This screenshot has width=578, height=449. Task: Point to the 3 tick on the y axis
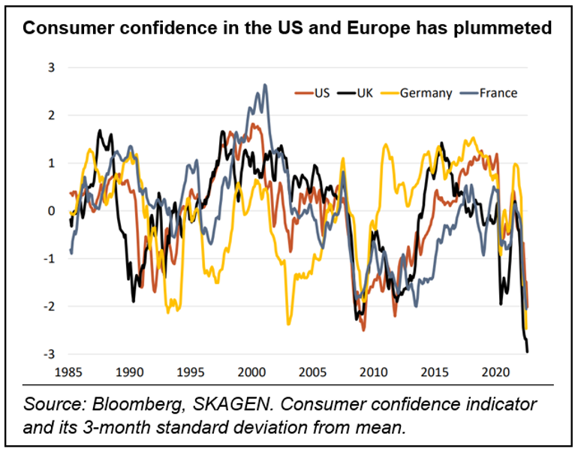pos(52,68)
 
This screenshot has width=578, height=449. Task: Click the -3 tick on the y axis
pos(50,354)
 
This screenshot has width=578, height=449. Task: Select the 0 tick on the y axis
pos(52,211)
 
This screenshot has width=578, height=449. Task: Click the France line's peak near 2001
pos(264,85)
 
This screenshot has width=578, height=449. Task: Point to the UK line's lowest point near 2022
pos(527,351)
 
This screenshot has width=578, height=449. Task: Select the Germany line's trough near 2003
pos(288,324)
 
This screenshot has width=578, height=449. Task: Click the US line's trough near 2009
pos(363,329)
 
